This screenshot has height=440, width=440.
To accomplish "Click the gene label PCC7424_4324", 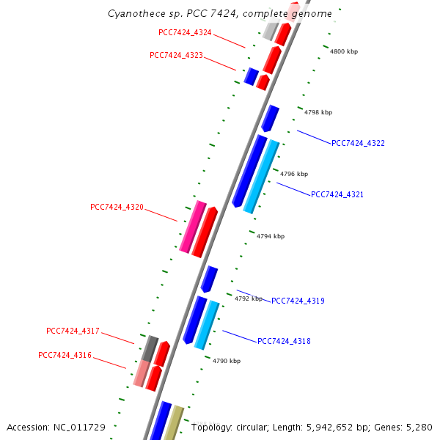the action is [x=185, y=32].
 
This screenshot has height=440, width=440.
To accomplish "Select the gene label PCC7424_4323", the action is [x=176, y=55].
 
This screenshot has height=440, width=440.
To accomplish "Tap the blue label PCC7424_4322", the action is [x=358, y=143].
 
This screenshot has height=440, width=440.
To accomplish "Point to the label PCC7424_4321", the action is [x=337, y=194].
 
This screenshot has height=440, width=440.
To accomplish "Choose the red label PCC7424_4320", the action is [x=117, y=208].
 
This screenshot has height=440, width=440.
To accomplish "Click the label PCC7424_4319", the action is [x=298, y=301].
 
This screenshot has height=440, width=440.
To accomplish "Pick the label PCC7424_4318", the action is [x=284, y=341].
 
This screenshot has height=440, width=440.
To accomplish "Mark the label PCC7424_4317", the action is [x=73, y=331].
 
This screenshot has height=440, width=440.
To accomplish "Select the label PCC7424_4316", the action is [x=65, y=355].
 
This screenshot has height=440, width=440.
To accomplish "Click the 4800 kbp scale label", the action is [x=343, y=52].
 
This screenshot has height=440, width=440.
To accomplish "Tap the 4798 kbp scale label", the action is [x=318, y=112].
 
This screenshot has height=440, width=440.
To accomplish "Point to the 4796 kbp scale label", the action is [x=294, y=174].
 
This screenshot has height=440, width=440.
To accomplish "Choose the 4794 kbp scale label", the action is [x=271, y=236].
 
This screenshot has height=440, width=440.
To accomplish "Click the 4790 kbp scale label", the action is [x=227, y=361].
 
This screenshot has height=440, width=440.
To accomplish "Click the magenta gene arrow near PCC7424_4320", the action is [x=192, y=227].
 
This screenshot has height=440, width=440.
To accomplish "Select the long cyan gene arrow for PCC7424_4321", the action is [x=262, y=176].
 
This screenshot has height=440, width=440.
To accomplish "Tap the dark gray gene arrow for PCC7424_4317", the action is [x=150, y=348].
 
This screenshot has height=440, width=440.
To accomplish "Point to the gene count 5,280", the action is [x=419, y=427].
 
